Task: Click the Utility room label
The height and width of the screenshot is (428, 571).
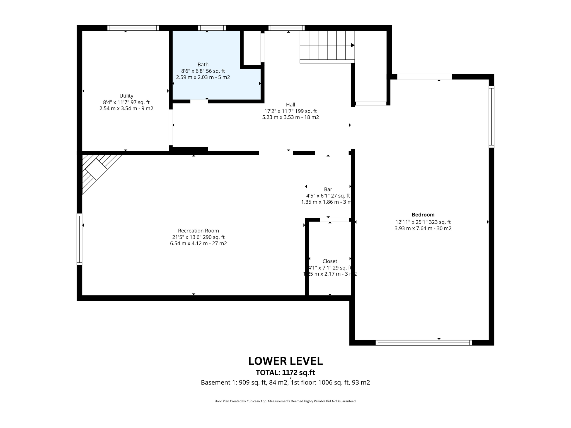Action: (126, 96)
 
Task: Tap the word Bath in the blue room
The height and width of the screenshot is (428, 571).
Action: (203, 65)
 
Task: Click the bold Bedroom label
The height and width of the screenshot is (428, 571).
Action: (423, 215)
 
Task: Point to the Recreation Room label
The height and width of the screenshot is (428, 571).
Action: (198, 231)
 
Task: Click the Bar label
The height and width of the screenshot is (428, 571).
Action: (328, 189)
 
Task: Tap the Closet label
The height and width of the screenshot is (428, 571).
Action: (330, 261)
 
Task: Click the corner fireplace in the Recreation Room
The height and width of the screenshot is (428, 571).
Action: (96, 169)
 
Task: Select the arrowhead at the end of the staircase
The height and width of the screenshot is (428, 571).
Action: (352, 45)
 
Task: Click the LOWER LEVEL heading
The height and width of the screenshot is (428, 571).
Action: (285, 361)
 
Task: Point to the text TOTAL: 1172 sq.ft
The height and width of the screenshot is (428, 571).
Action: (285, 373)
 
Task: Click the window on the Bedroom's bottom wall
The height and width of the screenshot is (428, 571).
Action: (424, 343)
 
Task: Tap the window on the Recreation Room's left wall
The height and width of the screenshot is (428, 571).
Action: (79, 239)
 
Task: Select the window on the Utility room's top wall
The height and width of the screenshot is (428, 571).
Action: (133, 28)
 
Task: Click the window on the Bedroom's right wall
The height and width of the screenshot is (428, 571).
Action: (491, 117)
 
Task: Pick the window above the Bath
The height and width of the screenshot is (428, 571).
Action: (212, 28)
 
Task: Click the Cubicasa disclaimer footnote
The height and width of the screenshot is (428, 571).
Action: (285, 401)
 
